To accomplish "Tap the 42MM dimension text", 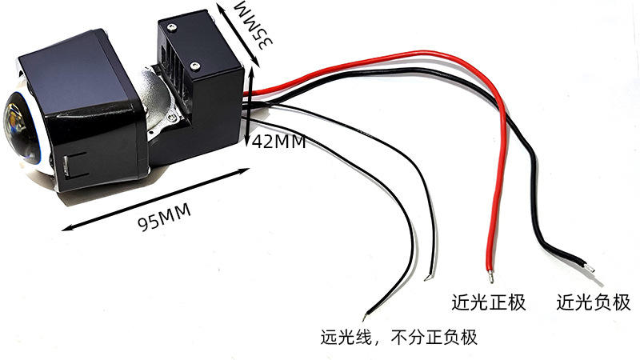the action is pos(278,142).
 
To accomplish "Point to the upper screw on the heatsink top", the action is pos(170,26).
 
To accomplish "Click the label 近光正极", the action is pos(488,302).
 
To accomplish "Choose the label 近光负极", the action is pos(592,302).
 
